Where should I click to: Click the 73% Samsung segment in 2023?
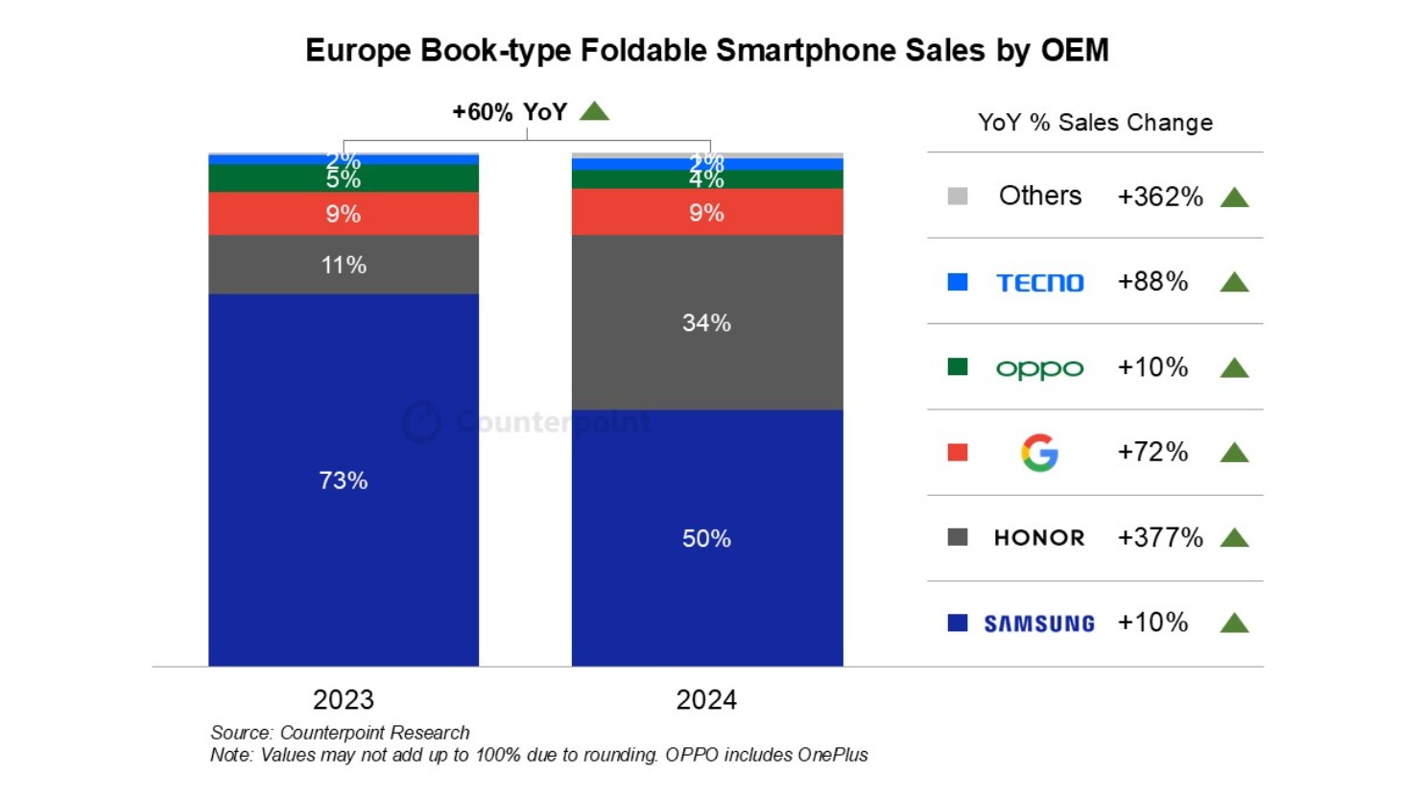point(344,480)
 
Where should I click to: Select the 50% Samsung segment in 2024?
point(706,538)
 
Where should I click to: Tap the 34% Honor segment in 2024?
point(706,322)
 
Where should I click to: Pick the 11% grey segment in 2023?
point(344,265)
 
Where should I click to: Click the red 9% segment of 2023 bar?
point(344,214)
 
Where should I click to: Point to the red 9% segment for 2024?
point(706,212)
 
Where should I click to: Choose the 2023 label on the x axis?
point(344,699)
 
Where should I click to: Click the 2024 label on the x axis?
point(706,699)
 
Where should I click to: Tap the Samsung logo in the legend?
point(1039,623)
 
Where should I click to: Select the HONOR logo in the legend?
point(1039,538)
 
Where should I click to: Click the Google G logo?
point(1039,453)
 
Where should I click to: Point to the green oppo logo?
point(1039,368)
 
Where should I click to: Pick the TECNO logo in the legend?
point(1039,283)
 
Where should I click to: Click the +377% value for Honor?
point(1159,537)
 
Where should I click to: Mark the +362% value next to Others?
point(1159,197)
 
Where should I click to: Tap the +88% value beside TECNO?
point(1152,282)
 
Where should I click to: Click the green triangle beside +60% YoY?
point(595,111)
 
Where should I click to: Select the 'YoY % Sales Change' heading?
point(1095,123)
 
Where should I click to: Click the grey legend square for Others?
point(958,197)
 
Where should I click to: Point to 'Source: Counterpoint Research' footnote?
point(340,733)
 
